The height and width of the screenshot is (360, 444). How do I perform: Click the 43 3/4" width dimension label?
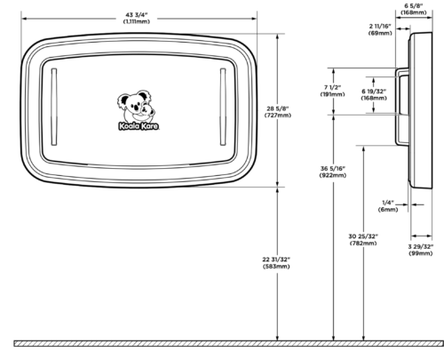(137, 15)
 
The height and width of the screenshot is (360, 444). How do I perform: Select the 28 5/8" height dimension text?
(277, 108)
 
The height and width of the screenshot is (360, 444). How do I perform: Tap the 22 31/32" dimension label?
(276, 260)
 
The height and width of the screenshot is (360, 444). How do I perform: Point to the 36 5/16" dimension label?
(333, 169)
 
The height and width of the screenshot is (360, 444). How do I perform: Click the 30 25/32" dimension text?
(363, 236)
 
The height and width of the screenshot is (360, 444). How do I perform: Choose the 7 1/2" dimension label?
(333, 87)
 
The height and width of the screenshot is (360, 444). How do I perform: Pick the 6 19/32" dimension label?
(374, 92)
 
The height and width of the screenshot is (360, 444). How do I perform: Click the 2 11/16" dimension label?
(380, 26)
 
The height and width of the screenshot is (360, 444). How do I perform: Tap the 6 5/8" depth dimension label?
(414, 5)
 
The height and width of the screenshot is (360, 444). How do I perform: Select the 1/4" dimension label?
(388, 203)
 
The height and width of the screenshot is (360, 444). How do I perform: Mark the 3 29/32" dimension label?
(421, 246)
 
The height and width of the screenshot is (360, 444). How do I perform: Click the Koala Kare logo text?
(139, 126)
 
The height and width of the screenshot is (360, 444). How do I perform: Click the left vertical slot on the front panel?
(54, 107)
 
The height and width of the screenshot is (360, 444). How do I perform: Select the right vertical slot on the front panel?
(223, 107)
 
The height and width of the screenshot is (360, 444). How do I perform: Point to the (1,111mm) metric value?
(137, 21)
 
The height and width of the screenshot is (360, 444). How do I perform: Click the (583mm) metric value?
(276, 267)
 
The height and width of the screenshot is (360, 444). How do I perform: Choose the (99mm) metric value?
(421, 253)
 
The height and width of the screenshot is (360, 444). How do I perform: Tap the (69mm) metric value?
(380, 33)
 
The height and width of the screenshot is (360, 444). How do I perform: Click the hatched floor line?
(229, 343)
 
